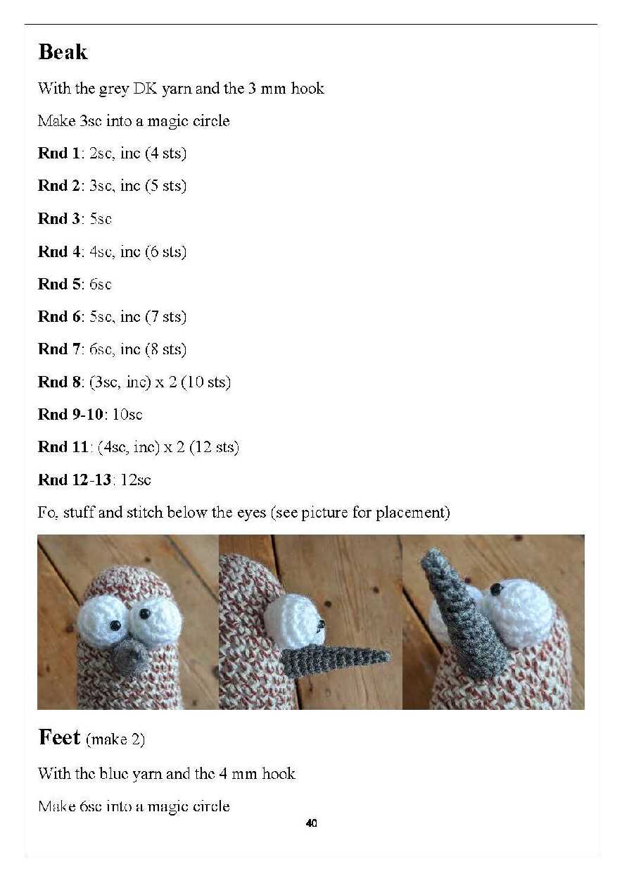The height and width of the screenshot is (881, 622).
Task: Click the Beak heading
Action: pyautogui.click(x=63, y=52)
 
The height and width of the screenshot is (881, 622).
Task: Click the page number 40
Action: pyautogui.click(x=311, y=823)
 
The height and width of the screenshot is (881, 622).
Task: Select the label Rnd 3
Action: pyautogui.click(x=58, y=218)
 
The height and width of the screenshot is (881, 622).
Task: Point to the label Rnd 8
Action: pyautogui.click(x=58, y=382)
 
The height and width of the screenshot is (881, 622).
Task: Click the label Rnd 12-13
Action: pyautogui.click(x=75, y=480)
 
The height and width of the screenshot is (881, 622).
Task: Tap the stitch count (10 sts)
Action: pyautogui.click(x=205, y=382)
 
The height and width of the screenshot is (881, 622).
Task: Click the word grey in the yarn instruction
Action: pyautogui.click(x=114, y=89)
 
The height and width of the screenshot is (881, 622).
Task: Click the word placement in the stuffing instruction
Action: pyautogui.click(x=412, y=513)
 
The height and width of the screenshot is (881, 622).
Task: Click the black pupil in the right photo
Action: pyautogui.click(x=497, y=589)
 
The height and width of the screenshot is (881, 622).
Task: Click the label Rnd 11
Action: pyautogui.click(x=63, y=446)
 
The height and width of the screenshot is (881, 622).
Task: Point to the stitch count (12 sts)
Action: pyautogui.click(x=214, y=447)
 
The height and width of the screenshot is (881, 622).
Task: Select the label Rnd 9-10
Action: pyautogui.click(x=70, y=414)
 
